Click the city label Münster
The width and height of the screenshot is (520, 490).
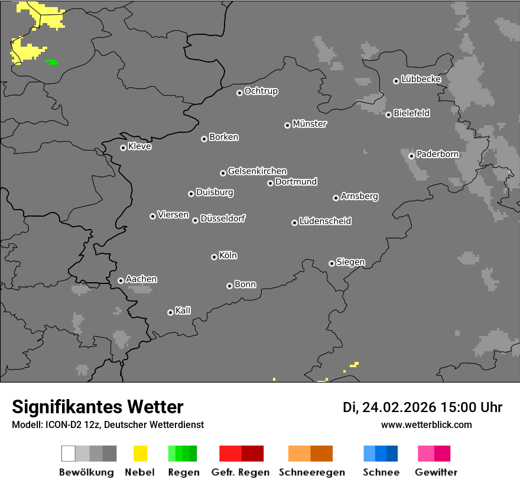point(310,124)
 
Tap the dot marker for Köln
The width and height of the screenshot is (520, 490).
point(214,257)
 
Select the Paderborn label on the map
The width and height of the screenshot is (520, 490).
point(438,154)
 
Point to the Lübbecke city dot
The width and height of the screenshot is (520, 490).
point(396,81)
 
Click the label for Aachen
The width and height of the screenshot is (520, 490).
point(141,279)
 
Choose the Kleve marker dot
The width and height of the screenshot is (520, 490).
point(123,148)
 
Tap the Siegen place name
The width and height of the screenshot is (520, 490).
point(350,262)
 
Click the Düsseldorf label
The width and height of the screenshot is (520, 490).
point(223,218)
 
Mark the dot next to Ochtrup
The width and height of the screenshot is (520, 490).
point(239,92)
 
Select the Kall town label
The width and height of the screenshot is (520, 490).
point(183,311)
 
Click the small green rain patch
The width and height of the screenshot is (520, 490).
point(51,61)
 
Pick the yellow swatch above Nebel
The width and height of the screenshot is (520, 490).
point(140,453)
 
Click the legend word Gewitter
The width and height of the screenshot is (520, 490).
point(436,472)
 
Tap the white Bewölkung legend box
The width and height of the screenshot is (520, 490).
point(68,453)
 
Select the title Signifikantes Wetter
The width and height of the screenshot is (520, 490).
point(97,407)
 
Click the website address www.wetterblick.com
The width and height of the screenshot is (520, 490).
point(427,424)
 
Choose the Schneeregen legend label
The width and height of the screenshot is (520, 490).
point(311,472)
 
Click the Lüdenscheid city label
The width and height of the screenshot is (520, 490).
point(325,221)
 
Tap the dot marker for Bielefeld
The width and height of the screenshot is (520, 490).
point(388,115)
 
